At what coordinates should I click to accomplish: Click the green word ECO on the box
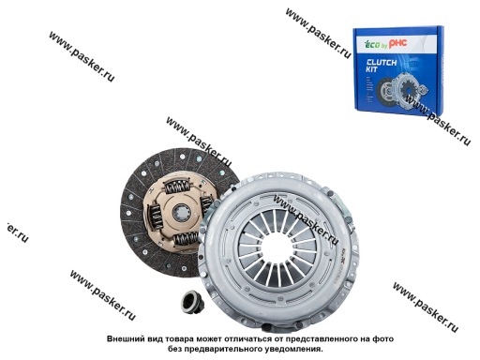371,39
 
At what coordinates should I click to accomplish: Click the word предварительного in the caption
208,348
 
